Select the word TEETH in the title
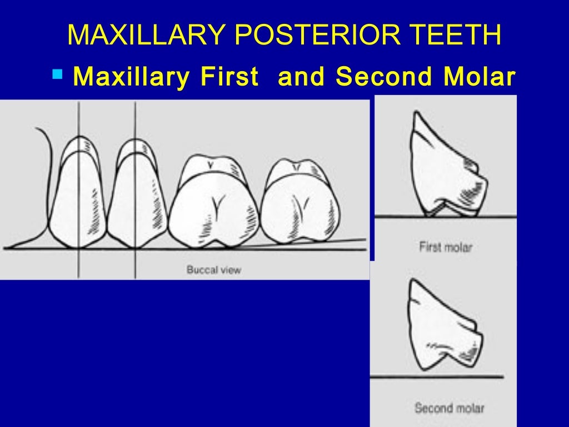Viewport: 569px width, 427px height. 454,35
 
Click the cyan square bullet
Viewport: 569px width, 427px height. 57,73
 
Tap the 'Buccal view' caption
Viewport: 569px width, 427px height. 213,270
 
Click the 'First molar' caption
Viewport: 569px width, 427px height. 445,246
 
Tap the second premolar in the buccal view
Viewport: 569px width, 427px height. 137,195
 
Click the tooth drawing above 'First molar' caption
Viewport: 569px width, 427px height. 445,167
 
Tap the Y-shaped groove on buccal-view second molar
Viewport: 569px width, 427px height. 302,207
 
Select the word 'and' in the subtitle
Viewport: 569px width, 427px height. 301,77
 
